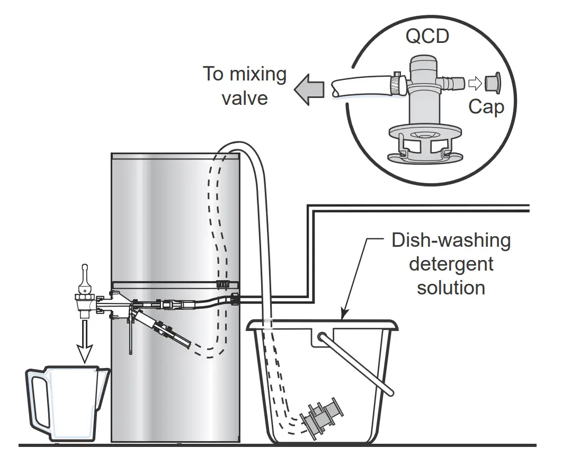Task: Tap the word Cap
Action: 486,107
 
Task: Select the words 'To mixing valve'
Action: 244,85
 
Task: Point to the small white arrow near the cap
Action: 475,83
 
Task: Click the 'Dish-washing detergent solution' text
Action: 451,264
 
